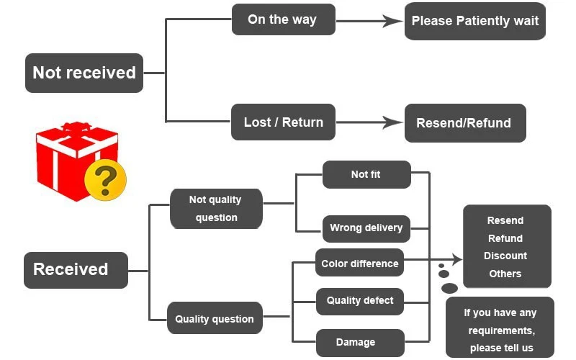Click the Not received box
(84, 73)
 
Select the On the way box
(283, 19)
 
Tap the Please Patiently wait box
(475, 21)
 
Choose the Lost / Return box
(283, 122)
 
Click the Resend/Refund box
(465, 123)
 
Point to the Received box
(76, 270)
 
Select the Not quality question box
(216, 209)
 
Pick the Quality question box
(215, 318)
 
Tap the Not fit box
(366, 174)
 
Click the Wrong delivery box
(366, 228)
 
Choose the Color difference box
(359, 263)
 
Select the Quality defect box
(359, 302)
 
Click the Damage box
(360, 343)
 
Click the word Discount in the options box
(505, 256)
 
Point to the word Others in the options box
(505, 274)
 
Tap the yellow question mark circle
(105, 179)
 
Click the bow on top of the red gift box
(76, 127)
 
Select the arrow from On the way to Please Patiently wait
(369, 21)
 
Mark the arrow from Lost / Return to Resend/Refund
(369, 122)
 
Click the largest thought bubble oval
(449, 289)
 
